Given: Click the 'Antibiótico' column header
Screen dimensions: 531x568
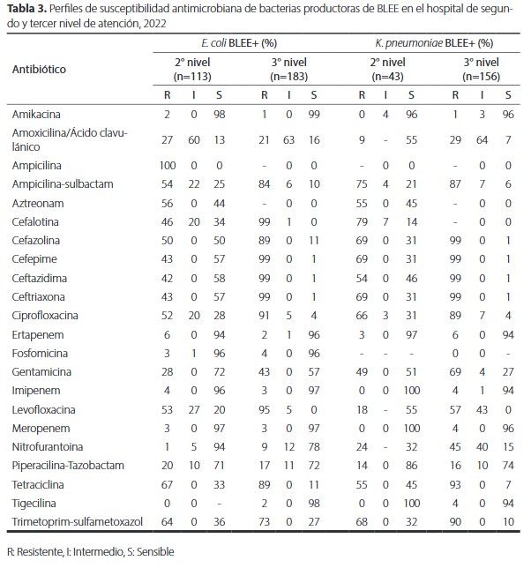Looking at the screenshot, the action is pyautogui.click(x=39, y=69).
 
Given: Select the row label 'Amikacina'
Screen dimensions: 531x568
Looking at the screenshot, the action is pyautogui.click(x=36, y=115).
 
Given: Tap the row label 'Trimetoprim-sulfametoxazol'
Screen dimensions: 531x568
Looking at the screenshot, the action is pyautogui.click(x=78, y=522).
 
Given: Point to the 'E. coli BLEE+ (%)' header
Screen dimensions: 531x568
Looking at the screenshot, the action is pyautogui.click(x=239, y=43).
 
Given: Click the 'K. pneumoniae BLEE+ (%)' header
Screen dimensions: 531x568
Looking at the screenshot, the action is pyautogui.click(x=434, y=43).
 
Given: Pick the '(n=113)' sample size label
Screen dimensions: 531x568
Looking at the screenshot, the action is pyautogui.click(x=192, y=77).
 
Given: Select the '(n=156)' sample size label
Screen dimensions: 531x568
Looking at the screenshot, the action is pyautogui.click(x=481, y=77).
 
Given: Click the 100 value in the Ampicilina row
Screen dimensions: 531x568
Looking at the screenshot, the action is pyautogui.click(x=168, y=166).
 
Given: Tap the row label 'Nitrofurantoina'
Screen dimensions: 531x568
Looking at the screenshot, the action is pyautogui.click(x=48, y=447).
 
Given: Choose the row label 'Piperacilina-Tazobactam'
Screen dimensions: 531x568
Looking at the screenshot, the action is pyautogui.click(x=68, y=466).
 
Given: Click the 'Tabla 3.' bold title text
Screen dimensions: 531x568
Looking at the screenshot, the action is pyautogui.click(x=26, y=10).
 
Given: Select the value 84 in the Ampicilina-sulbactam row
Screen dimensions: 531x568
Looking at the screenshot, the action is pyautogui.click(x=264, y=184).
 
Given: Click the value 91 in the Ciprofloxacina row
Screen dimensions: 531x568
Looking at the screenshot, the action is pyautogui.click(x=264, y=316).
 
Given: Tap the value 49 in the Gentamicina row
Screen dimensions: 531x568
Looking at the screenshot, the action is pyautogui.click(x=362, y=372).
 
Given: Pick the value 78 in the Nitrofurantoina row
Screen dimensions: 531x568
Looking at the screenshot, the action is pyautogui.click(x=314, y=447).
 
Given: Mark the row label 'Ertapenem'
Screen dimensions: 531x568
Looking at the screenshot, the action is pyautogui.click(x=38, y=335).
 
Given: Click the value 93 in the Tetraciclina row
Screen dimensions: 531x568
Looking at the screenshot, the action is pyautogui.click(x=455, y=485).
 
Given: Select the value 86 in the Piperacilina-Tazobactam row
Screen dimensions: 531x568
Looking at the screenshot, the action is pyautogui.click(x=411, y=466).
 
